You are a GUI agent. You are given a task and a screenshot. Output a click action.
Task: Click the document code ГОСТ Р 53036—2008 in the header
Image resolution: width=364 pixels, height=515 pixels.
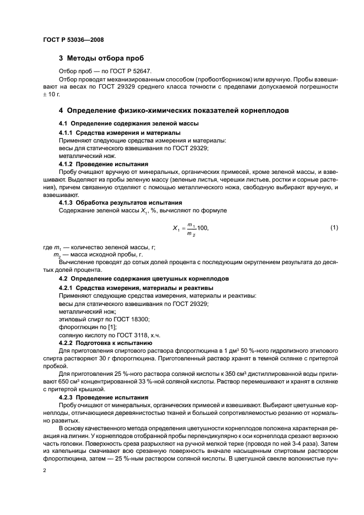[73, 40]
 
